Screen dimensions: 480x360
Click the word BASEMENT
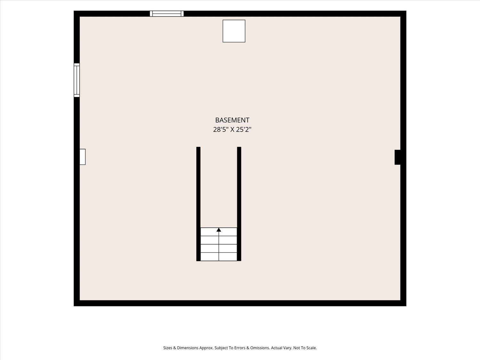point(232,120)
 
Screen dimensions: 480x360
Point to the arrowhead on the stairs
point(219,230)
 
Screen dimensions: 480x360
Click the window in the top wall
point(167,13)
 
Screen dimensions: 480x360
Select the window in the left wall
point(76,80)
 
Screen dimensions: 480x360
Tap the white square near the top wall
point(234,31)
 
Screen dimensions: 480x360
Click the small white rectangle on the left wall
point(83,157)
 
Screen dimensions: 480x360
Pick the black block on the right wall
point(397,157)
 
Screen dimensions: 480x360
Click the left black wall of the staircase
point(198,204)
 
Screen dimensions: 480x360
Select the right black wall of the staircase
point(239,204)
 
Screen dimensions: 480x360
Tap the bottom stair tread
point(219,257)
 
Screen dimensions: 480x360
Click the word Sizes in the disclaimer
point(168,348)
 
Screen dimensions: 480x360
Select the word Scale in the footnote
point(311,348)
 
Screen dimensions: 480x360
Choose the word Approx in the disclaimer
point(206,348)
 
